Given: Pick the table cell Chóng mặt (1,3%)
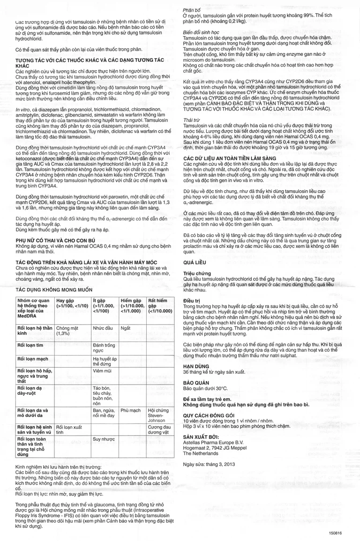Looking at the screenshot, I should (x=66, y=331).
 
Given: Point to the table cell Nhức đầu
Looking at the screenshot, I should (x=103, y=328).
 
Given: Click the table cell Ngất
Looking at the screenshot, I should (x=125, y=328).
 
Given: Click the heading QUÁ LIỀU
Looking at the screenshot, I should (x=196, y=263).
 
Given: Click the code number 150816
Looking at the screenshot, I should (x=336, y=533).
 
